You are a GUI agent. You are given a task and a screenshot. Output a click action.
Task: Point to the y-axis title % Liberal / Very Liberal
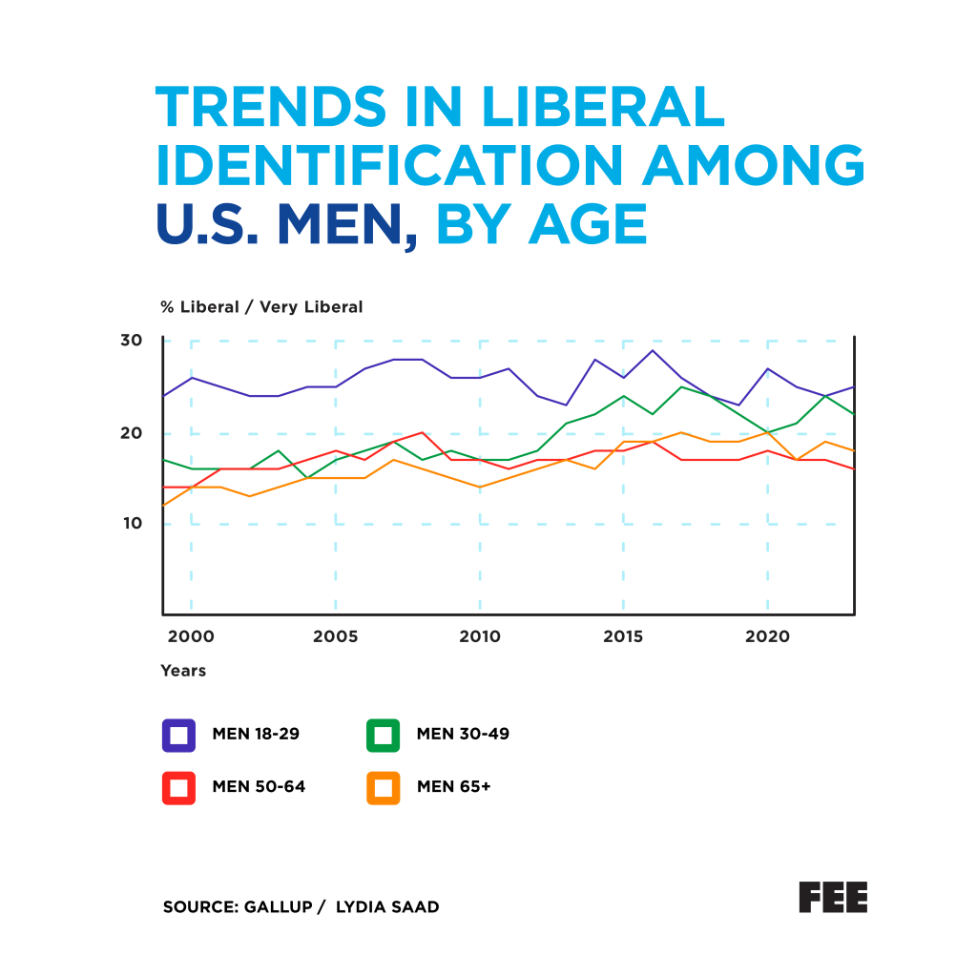coord(261,307)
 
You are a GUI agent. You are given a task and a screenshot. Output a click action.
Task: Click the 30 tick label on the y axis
coord(131,341)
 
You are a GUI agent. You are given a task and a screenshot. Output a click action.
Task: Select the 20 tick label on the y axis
coord(131,432)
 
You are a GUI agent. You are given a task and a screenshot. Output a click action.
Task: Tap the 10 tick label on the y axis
coord(131,523)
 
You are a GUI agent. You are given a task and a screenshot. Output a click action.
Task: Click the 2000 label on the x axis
coord(191,636)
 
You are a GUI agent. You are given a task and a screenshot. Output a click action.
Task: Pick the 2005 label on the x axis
coord(335,636)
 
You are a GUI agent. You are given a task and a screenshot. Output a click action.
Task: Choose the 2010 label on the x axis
coord(480,636)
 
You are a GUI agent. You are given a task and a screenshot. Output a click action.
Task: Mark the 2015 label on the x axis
coord(624,636)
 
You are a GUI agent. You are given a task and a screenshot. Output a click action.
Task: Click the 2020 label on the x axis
coord(768,636)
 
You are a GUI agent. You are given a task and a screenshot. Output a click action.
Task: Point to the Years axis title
coord(183,671)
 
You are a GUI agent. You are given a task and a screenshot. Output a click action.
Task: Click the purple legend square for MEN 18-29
coord(178,735)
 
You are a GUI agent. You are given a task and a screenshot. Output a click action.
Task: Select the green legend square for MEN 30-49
coord(384,735)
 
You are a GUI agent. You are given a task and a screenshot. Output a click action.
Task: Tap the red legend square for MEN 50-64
coord(178,787)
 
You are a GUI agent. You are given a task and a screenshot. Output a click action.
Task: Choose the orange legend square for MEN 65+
coord(384,787)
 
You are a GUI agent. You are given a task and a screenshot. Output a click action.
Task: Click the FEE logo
coord(833,897)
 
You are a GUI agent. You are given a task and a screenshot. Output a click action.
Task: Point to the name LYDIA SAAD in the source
coord(387,907)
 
